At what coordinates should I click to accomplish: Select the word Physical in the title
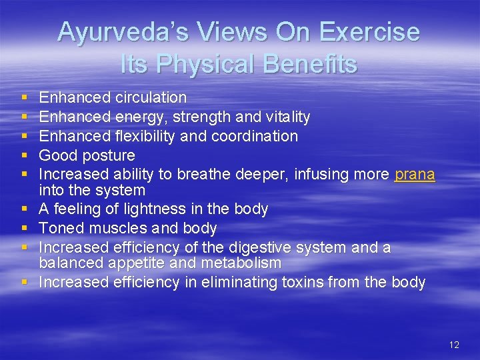point(207,64)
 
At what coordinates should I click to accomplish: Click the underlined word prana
point(415,175)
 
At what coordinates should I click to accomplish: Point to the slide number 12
point(454,345)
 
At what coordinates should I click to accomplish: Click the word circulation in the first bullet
point(151,97)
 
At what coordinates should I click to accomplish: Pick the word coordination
point(255,136)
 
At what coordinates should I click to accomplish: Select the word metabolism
point(243,263)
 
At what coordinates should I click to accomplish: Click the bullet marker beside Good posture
point(25,156)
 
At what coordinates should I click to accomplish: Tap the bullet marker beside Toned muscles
point(25,229)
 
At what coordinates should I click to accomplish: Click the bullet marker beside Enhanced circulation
point(25,98)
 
